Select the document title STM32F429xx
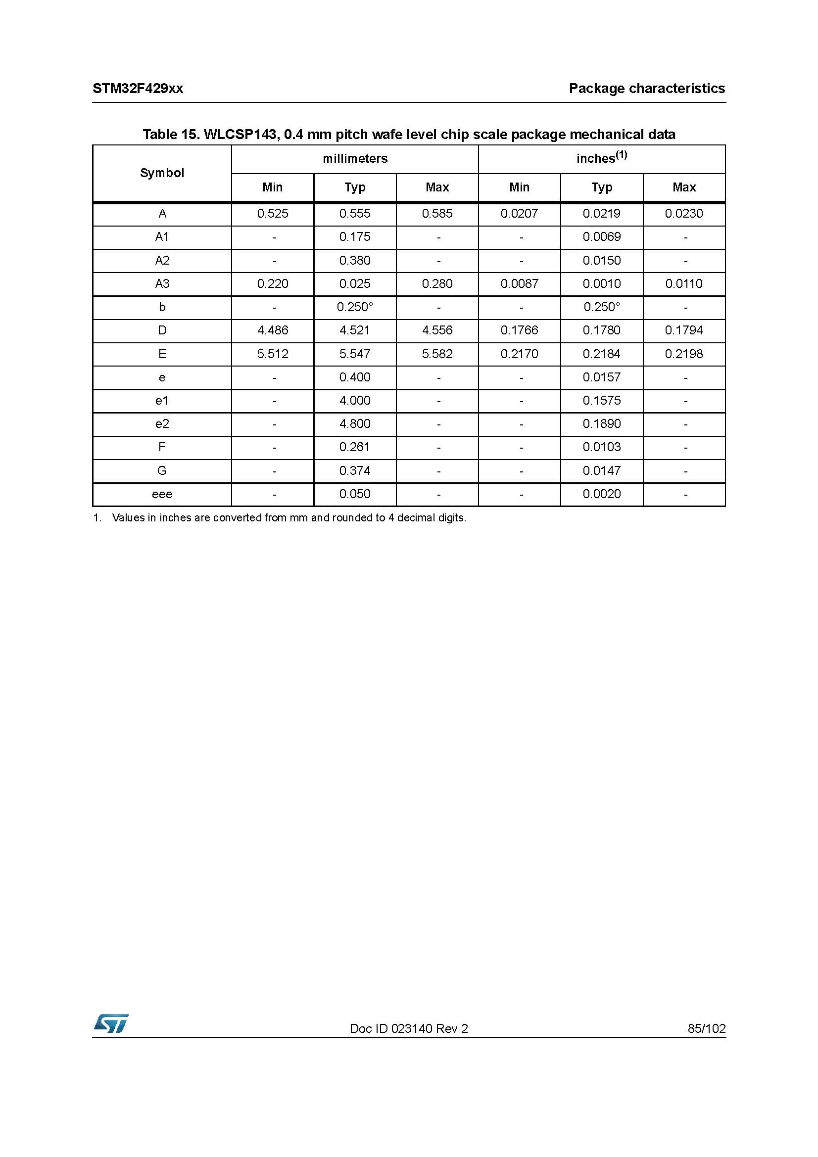pos(138,89)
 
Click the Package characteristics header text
pos(647,89)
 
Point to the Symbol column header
pos(162,173)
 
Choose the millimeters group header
pos(355,159)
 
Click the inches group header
pos(601,158)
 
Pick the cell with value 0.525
pos(273,214)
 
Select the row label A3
pos(162,284)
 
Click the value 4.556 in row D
pos(437,330)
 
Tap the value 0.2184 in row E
pos(601,354)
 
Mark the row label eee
pos(162,494)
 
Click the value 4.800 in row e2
pos(355,424)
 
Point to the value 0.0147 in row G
pos(601,470)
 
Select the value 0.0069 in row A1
pos(601,237)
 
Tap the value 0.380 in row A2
pos(355,261)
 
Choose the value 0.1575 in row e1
pos(601,401)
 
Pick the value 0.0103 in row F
pos(601,447)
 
